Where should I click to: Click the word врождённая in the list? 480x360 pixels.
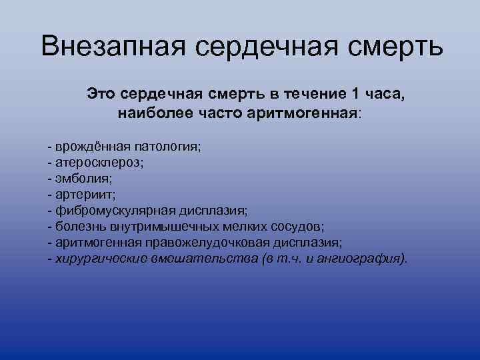coord(88,146)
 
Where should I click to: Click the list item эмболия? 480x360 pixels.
coord(85,178)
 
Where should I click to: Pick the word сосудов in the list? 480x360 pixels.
coord(300,226)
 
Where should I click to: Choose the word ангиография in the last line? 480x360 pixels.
coord(365,258)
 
